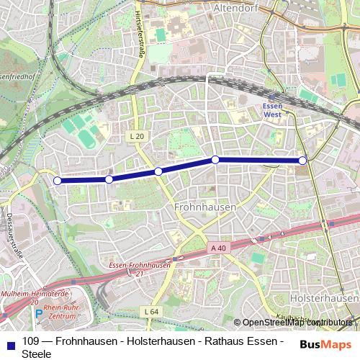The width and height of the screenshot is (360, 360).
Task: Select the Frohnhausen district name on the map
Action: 204,206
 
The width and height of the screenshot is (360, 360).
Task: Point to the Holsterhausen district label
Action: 323,297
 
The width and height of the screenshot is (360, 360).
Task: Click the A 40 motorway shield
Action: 218,247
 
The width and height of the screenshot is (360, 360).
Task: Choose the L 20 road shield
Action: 138,135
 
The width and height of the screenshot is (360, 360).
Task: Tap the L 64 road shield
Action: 150,310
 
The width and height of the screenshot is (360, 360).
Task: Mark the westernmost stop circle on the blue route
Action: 58,181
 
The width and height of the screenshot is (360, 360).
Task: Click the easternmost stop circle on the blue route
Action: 302,160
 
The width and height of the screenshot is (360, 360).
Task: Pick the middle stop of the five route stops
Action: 158,171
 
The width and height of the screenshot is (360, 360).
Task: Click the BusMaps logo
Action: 325,344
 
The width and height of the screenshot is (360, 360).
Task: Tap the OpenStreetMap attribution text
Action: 296,322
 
